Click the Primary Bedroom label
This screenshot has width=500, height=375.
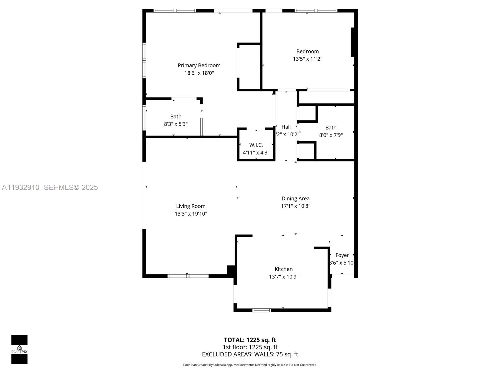[199, 65]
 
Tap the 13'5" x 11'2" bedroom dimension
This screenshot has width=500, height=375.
[307, 59]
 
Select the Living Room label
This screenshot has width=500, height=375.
[191, 206]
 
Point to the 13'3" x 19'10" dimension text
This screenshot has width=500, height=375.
[191, 214]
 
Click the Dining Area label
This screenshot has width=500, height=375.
[295, 198]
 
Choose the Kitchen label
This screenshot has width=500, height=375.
[283, 269]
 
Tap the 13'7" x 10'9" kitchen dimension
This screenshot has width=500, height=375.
[283, 277]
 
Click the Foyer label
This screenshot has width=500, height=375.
[342, 255]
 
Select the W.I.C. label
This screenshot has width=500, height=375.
[256, 145]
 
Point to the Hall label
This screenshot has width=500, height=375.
[286, 127]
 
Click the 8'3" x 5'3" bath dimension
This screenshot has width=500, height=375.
[176, 124]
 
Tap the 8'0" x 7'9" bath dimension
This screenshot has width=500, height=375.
[331, 135]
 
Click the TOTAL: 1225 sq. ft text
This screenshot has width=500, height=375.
[250, 340]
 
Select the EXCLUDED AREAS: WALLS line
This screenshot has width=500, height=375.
[250, 354]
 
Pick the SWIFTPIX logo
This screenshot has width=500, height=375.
[19, 349]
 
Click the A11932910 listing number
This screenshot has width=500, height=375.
[21, 187]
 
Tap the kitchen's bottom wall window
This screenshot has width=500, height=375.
[262, 310]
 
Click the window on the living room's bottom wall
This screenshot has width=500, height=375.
[188, 276]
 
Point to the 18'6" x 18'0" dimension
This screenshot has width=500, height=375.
[199, 73]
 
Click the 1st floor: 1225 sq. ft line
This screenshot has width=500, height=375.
[250, 347]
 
